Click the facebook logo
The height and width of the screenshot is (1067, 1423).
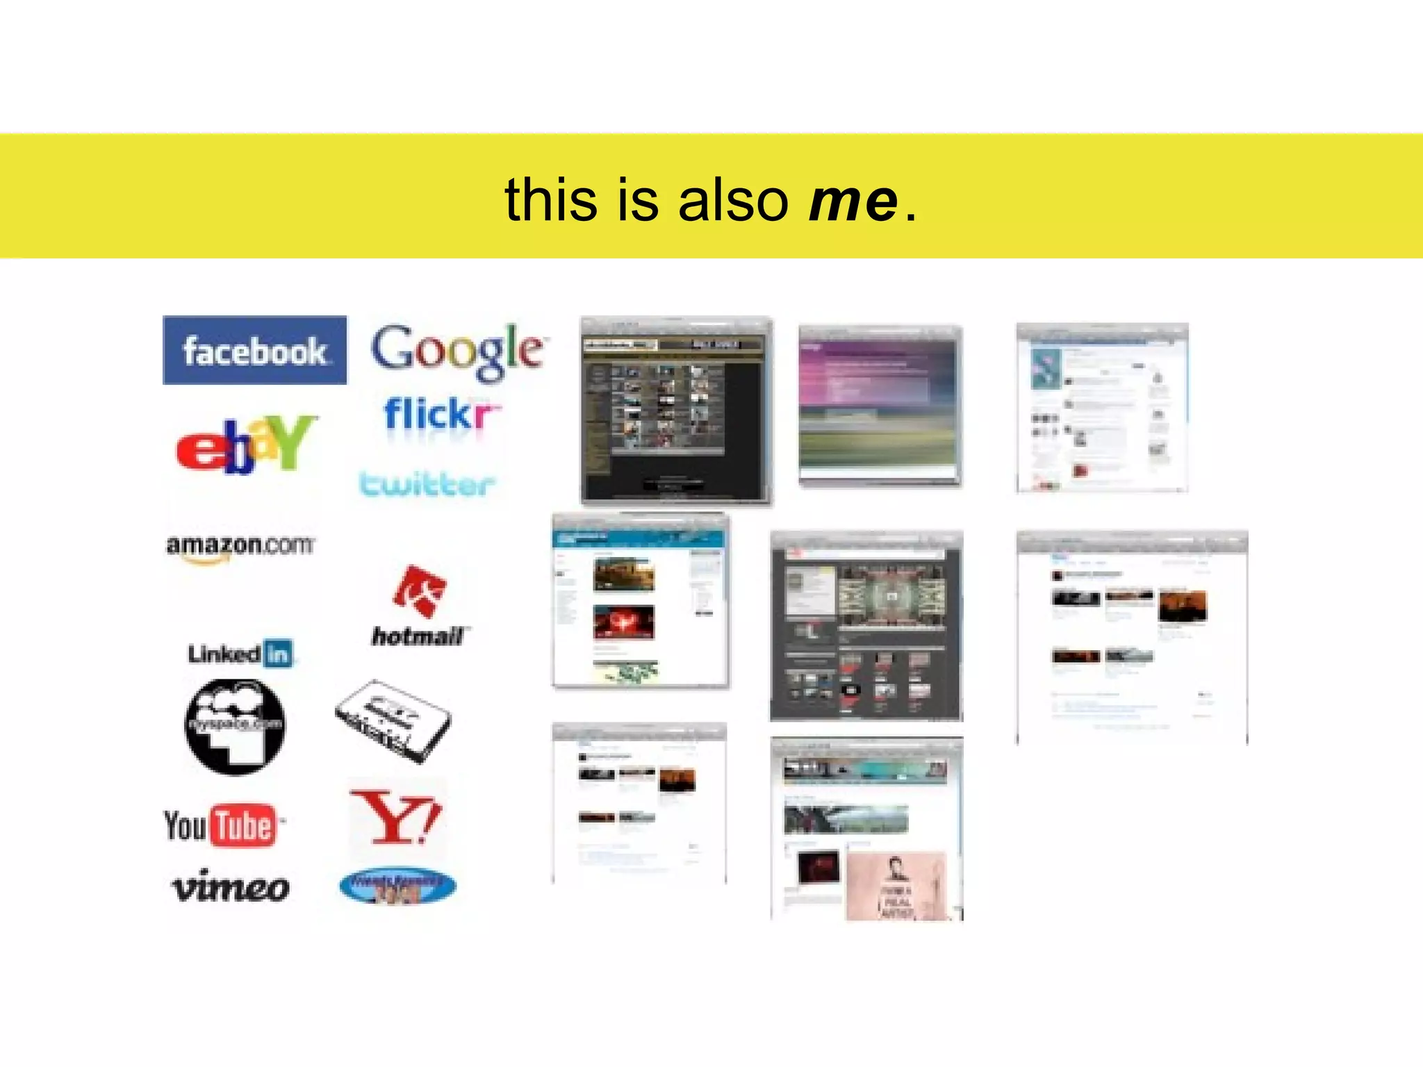(254, 350)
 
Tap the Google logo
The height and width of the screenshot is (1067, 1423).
(457, 350)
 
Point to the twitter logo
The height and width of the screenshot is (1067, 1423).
(427, 484)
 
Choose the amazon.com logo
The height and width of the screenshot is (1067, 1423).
(240, 547)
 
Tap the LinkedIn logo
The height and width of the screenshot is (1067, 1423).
(240, 653)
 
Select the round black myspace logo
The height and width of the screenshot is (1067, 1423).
(234, 726)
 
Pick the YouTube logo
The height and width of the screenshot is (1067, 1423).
(221, 826)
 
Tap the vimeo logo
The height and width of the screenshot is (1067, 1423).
(230, 888)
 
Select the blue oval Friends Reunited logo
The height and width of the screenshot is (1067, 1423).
(397, 886)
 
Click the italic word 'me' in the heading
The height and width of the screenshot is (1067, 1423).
(853, 200)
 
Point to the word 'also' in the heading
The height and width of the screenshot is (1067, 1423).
(733, 200)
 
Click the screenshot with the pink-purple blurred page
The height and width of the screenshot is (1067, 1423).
(880, 406)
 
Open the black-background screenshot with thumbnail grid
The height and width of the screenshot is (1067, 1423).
(676, 410)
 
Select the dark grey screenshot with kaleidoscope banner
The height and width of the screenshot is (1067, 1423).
(866, 625)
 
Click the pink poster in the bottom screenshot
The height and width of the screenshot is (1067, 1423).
(896, 886)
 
